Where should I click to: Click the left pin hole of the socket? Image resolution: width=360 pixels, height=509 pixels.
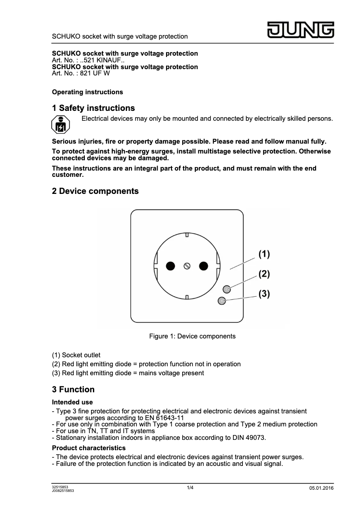[170, 266]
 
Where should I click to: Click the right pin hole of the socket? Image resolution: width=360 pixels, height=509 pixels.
[204, 266]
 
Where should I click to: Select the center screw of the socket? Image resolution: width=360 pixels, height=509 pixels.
[187, 266]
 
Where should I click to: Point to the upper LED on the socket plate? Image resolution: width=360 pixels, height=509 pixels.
[227, 289]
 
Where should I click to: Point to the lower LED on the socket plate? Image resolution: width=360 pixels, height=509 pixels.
[221, 301]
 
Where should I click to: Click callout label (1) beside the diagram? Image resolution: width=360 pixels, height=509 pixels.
[264, 254]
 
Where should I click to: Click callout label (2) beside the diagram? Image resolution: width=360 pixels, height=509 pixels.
[264, 274]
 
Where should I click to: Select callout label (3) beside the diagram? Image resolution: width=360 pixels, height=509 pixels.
[264, 294]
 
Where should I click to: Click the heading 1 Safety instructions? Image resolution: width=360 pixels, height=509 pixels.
[93, 108]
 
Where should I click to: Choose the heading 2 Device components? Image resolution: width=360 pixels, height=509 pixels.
[95, 191]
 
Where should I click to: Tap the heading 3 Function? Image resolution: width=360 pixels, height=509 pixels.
[73, 389]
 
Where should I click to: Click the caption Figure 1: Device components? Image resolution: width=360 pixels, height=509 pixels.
[192, 336]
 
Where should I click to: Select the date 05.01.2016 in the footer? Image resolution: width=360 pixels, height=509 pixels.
[321, 488]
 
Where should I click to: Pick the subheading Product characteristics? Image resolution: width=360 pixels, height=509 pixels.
[89, 448]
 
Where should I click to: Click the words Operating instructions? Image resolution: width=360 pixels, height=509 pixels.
[88, 92]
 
